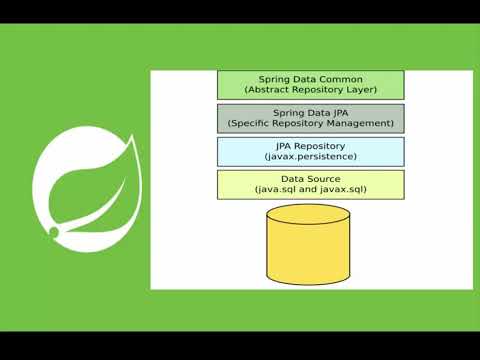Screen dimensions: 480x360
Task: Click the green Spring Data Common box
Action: pos(311,84)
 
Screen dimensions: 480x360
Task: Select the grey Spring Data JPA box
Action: pos(311,118)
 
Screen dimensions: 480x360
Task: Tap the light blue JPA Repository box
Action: pos(311,151)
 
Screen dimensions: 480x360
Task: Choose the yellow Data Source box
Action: pos(311,183)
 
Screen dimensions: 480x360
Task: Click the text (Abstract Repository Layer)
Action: pos(311,90)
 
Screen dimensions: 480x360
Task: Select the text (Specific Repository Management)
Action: pos(311,124)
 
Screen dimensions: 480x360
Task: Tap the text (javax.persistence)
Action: pos(311,157)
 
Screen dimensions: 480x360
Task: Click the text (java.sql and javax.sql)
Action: pos(311,189)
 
